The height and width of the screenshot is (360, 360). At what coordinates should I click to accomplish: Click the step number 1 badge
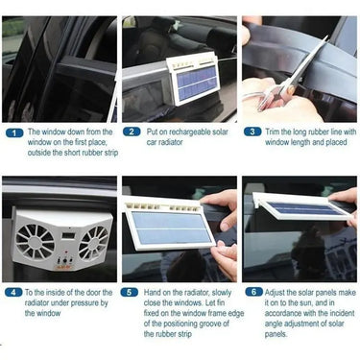point(14,132)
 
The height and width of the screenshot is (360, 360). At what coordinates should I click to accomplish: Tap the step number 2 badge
point(132,132)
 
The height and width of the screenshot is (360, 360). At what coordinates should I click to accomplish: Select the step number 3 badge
point(252,132)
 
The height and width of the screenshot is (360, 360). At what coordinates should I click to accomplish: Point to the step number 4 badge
point(13,292)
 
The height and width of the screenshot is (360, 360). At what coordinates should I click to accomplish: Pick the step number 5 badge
point(130,292)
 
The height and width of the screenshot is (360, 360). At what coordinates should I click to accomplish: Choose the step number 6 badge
point(253,292)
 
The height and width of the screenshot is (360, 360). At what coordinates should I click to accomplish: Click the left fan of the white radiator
point(35,241)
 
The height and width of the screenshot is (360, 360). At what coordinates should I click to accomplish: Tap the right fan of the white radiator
point(94,242)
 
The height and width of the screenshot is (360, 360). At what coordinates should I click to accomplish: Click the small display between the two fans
point(68,236)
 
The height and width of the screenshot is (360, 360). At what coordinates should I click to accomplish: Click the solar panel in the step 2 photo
point(197,84)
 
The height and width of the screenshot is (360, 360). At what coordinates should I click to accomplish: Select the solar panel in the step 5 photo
point(171,228)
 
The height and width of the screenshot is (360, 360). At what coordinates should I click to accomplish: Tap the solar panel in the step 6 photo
point(304,208)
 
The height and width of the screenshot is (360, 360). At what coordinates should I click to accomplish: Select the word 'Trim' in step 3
point(272,132)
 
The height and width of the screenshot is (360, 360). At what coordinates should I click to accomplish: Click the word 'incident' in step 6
point(341,313)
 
